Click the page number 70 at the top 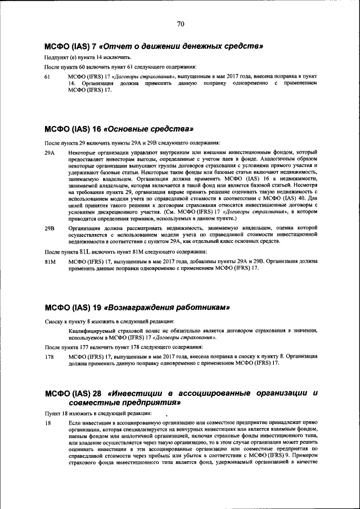click(181, 24)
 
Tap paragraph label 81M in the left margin click(49, 262)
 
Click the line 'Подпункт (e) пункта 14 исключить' click(88, 58)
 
